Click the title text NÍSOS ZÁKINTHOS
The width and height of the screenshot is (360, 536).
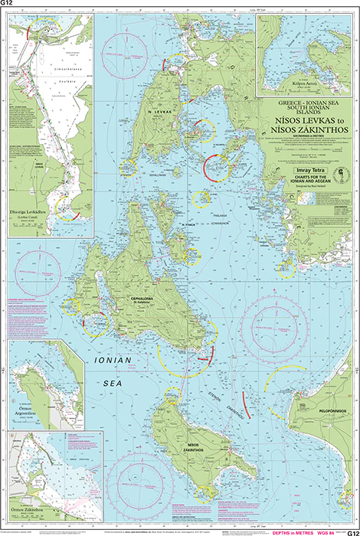click(305, 130)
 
